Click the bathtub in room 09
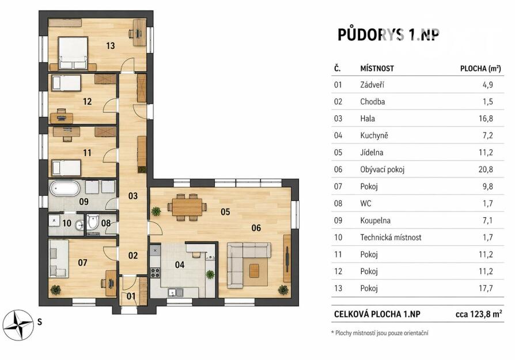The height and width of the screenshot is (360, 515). (65, 188)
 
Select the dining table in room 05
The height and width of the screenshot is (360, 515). (187, 207)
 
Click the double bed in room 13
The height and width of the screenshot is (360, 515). (73, 53)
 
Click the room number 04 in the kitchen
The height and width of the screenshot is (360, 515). (180, 264)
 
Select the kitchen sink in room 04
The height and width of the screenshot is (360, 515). (175, 292)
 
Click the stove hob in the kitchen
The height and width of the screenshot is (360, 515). (155, 272)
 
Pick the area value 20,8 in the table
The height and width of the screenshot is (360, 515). (486, 169)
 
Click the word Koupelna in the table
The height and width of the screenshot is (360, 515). (375, 221)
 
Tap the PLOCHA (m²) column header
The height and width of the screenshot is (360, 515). (480, 69)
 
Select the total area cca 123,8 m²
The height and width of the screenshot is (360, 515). (479, 314)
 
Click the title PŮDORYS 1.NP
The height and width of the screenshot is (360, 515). (388, 35)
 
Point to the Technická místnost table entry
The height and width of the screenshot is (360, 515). (391, 237)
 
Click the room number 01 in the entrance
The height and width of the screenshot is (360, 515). (131, 296)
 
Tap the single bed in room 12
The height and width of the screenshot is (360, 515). (66, 83)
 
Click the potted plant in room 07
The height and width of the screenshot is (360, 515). (55, 290)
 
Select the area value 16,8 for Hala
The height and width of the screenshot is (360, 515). (486, 118)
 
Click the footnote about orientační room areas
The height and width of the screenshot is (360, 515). (380, 333)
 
